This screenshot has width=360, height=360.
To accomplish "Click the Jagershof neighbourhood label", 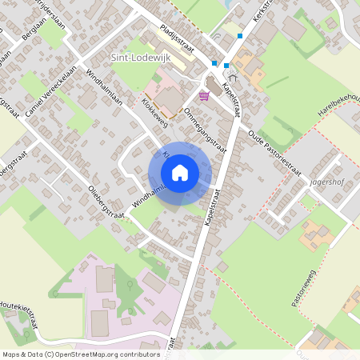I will tap(324, 182).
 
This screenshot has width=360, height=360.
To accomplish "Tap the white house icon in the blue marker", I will tap(180, 173).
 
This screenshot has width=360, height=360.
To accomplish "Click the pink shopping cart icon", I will tap(205, 96).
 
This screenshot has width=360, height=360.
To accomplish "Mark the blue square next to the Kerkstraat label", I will tap(239, 36).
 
